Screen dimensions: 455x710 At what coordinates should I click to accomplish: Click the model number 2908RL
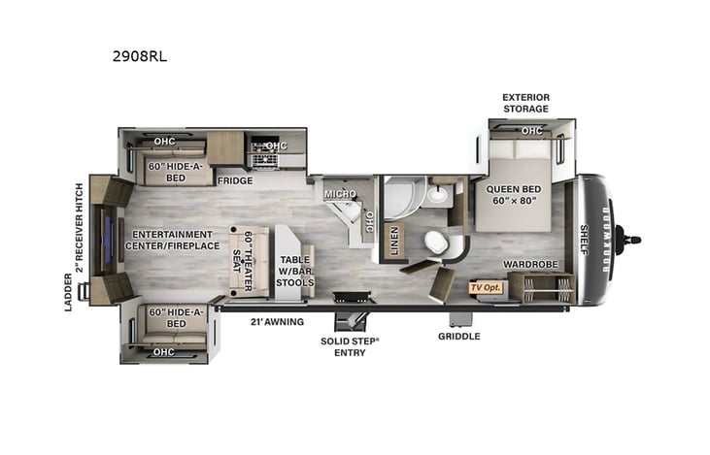tap(139, 55)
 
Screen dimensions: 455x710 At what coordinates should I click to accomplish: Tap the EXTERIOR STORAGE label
tap(525, 103)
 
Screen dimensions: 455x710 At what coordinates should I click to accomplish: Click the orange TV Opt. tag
tap(484, 287)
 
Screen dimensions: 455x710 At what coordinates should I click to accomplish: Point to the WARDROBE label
tap(529, 264)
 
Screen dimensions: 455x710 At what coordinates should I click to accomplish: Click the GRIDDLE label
tap(458, 337)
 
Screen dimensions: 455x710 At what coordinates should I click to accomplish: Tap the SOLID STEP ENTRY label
tap(351, 346)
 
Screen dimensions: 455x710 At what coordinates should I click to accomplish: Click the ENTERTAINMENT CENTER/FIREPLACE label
tap(173, 240)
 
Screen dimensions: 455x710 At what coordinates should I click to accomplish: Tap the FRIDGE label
tap(234, 179)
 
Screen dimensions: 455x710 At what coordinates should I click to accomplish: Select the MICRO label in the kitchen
tap(340, 193)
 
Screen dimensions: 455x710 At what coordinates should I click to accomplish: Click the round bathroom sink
tap(438, 194)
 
